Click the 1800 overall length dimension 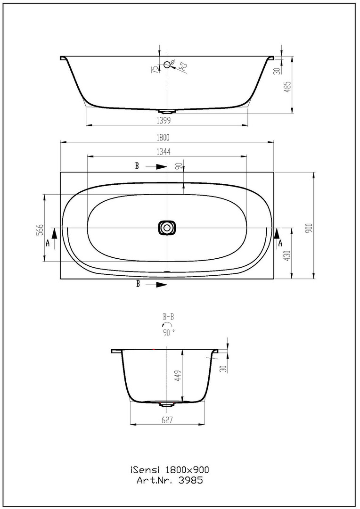[164, 138]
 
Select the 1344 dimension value [164, 152]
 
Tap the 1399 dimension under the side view [164, 121]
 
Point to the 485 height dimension [287, 87]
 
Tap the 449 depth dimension [178, 376]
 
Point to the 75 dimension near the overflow [155, 69]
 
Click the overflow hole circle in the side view [167, 65]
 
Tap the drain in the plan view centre [167, 228]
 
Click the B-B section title [168, 317]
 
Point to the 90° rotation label [169, 332]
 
